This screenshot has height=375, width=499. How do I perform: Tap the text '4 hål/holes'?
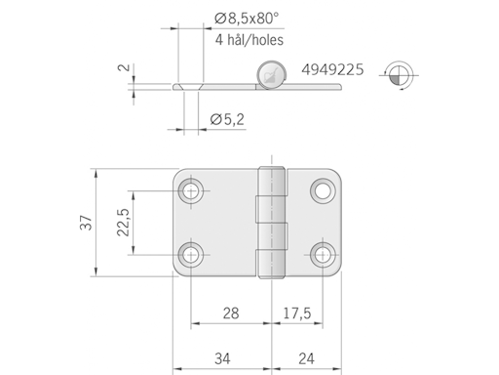[x=249, y=40]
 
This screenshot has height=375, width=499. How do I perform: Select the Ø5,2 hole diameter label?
[x=227, y=120]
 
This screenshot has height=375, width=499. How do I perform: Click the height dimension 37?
[x=85, y=223]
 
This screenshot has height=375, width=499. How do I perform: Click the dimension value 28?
[x=231, y=313]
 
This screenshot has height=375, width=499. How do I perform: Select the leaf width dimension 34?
[x=223, y=357]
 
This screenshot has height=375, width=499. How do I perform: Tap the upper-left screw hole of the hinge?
[x=193, y=189]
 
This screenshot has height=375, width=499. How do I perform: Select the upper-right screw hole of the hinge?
[x=323, y=189]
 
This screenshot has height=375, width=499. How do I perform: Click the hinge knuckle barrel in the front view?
[x=270, y=223]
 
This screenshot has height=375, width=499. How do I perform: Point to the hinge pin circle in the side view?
[x=271, y=72]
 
